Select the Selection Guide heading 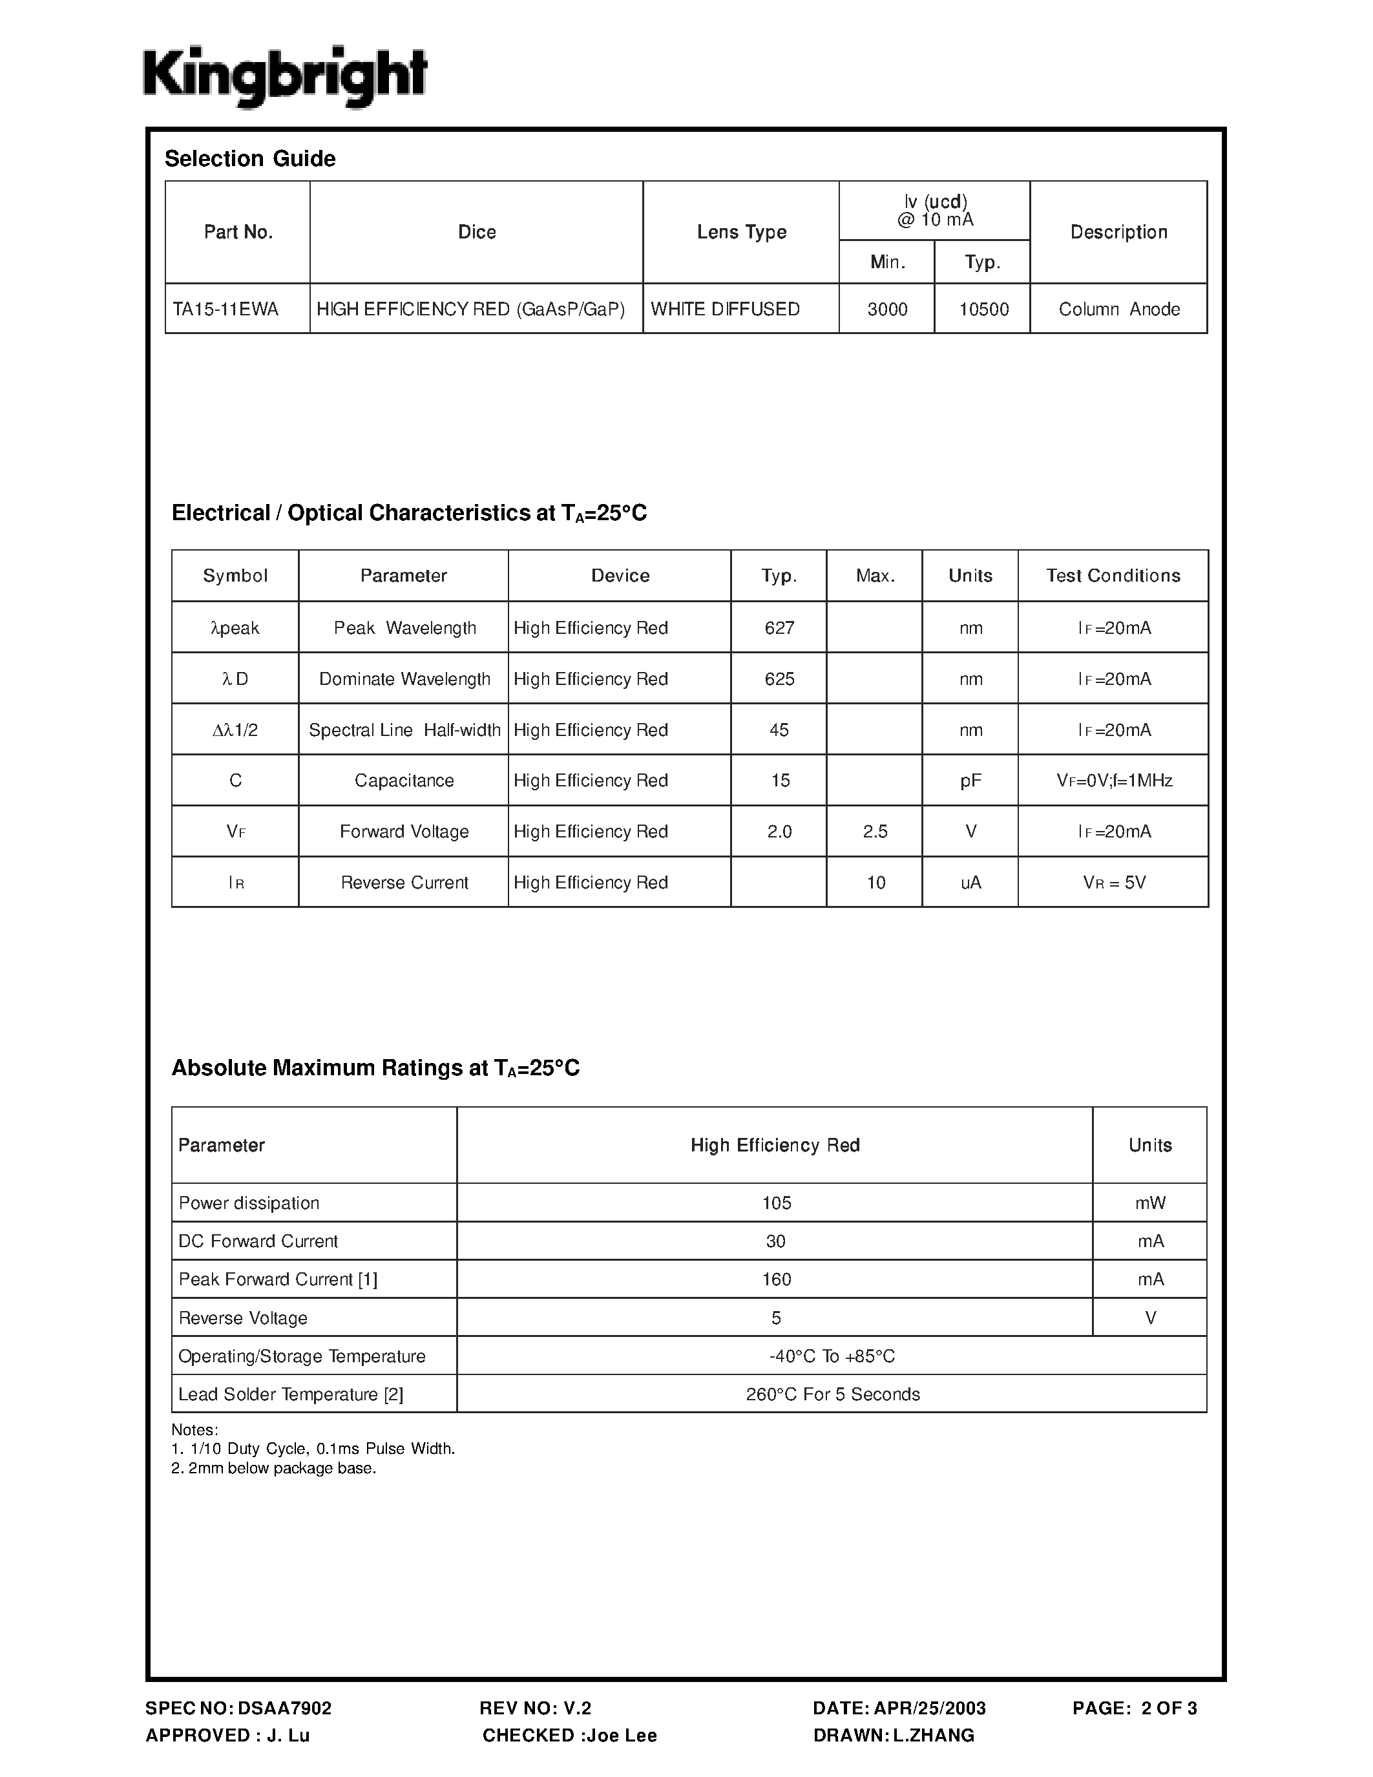249,159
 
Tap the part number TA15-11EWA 225,309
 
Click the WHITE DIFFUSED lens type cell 725,309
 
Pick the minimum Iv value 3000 886,309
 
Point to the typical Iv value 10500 983,309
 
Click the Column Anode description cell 1118,309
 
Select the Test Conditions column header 1113,576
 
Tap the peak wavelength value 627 779,628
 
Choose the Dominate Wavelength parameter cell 404,679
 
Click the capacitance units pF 970,781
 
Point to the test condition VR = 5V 1113,883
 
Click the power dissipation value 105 776,1203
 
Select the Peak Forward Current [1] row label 277,1280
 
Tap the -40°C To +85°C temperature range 832,1356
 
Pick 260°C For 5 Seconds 832,1394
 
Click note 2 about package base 273,1469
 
